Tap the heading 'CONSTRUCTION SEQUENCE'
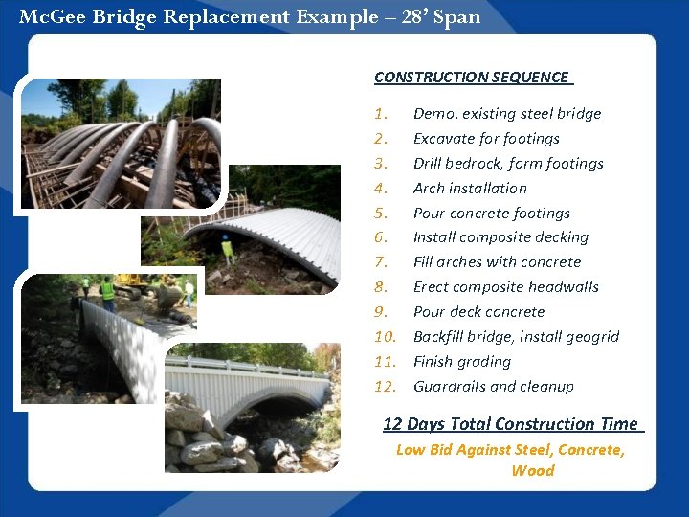471,77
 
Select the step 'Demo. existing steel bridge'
506,114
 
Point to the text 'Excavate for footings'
486,139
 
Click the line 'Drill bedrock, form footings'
508,164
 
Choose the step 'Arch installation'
470,189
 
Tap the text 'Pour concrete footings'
491,214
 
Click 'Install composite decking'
500,237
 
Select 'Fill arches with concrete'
497,262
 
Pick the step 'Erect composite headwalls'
505,287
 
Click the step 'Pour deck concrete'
478,312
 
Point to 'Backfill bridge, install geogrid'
516,337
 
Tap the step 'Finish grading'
461,362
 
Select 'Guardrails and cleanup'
493,387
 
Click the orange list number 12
385,387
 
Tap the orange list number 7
381,262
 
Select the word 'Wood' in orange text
532,470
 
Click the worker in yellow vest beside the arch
227,250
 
